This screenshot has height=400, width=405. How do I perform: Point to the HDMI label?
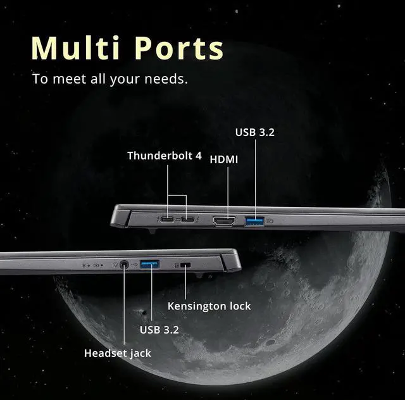224,159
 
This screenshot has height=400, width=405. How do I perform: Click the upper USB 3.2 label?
255,133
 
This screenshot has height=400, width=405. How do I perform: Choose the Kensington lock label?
209,306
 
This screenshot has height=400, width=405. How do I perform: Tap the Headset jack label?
118,353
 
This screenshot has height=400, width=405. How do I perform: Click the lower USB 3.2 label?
159,330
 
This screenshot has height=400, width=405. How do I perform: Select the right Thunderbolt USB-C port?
188,220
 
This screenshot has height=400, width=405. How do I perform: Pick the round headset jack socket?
123,264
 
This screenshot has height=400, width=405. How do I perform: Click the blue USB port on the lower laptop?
151,263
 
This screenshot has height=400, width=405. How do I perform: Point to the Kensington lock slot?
185,265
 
